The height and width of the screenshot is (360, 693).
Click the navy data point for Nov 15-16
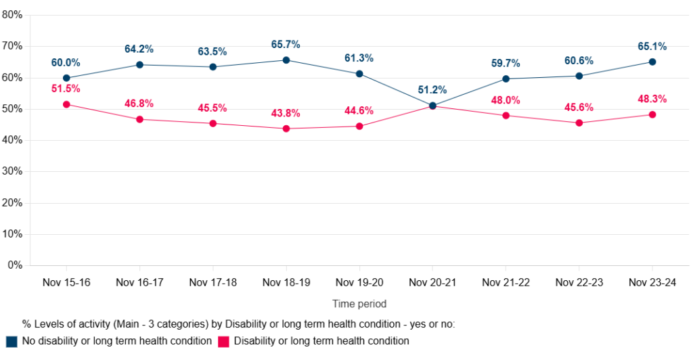(66, 78)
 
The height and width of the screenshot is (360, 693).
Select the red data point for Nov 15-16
(66, 104)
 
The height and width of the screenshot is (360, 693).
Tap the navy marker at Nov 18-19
(286, 60)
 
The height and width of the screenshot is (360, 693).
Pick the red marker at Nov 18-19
(286, 129)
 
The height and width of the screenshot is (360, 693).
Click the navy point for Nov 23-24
(652, 62)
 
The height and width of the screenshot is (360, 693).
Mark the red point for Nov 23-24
(652, 114)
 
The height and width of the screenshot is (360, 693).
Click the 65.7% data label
(286, 45)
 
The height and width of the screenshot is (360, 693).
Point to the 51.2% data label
(432, 90)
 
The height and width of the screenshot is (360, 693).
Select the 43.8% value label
(286, 113)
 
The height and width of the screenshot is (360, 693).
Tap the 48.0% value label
(506, 100)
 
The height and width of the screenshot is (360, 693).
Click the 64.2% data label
(139, 49)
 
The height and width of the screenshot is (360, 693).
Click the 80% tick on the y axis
(12, 15)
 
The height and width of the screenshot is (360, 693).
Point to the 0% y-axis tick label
(15, 265)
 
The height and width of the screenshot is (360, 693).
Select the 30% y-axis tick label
(12, 171)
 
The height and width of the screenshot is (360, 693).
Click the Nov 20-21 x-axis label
(432, 282)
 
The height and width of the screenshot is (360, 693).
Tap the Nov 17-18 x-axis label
(213, 282)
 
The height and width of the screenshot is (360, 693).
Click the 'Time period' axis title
(359, 304)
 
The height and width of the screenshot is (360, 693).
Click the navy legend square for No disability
(11, 341)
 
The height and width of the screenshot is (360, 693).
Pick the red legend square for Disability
(224, 341)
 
